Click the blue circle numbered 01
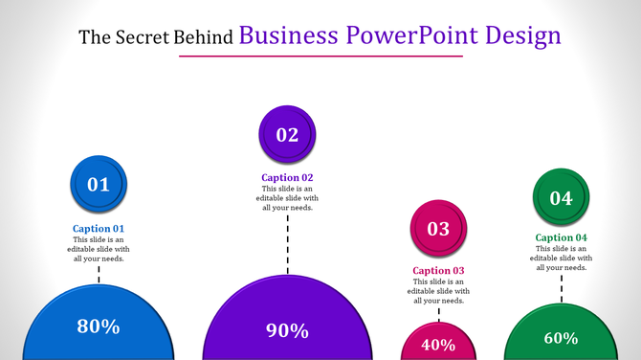tap(99, 184)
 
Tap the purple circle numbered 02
tap(287, 135)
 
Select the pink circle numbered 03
tap(438, 229)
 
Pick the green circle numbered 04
tap(561, 197)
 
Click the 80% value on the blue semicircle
tap(99, 326)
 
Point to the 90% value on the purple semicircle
tap(287, 331)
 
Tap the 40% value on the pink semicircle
tap(438, 345)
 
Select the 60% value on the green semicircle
tap(561, 338)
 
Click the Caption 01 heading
tap(99, 229)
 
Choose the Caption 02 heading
tap(287, 177)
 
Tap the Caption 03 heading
tap(438, 271)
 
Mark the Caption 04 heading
tap(561, 237)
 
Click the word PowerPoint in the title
tap(401, 36)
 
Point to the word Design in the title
tap(522, 36)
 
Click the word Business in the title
tap(288, 36)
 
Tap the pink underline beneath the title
tap(320, 56)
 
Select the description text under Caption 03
tap(438, 291)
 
